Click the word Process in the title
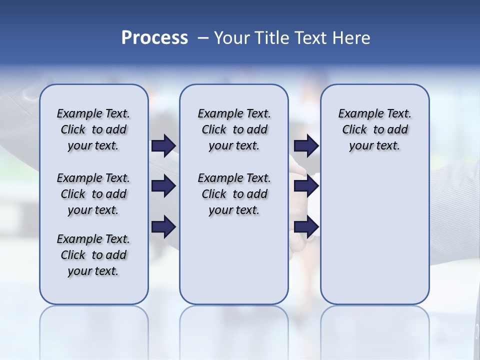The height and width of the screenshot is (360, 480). coord(154,38)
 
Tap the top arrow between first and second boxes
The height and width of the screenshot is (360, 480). coord(163,146)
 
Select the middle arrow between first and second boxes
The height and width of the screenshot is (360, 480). coord(163,186)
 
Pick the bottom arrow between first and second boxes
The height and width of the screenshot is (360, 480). coord(163,227)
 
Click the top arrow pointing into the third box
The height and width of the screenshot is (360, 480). coord(306,146)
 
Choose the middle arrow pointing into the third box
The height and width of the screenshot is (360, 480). coord(306,186)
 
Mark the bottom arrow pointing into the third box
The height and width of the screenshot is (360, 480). coord(306,227)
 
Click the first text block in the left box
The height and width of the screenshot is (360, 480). coord(93,129)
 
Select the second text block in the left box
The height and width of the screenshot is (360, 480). coord(93,194)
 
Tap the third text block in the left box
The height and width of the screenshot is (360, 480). coord(93,255)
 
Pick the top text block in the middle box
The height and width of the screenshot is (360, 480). coord(234,129)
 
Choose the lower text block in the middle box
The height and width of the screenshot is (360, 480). coord(234,194)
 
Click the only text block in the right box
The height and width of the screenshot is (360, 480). coord(374,129)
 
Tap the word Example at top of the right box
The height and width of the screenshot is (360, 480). coord(355,114)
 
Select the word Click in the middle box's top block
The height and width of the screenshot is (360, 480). coord(214,130)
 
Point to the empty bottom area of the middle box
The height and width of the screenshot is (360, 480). coord(234,265)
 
